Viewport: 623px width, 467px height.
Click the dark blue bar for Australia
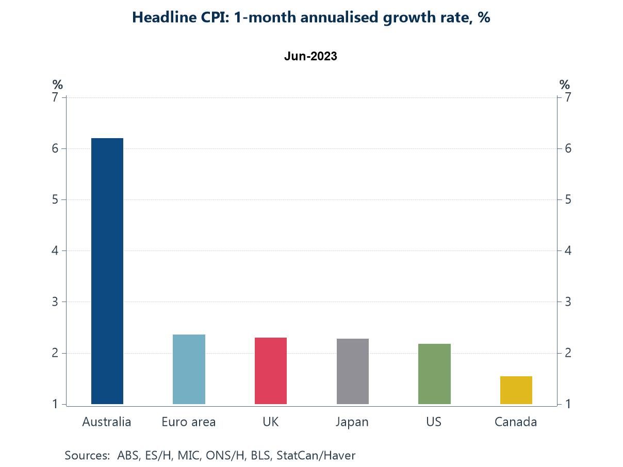point(107,271)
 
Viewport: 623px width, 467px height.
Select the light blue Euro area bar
point(189,369)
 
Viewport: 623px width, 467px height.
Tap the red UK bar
point(271,371)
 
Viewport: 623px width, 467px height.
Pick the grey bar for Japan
point(352,371)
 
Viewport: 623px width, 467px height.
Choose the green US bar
point(434,374)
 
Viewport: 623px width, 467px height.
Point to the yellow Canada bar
point(516,390)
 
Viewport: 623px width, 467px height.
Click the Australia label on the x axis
point(107,422)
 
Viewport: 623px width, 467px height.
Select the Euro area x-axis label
point(189,422)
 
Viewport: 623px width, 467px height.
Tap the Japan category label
point(352,422)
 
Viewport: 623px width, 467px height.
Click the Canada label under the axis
point(516,422)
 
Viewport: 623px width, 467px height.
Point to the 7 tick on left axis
point(55,97)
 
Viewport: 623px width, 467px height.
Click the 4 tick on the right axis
point(568,251)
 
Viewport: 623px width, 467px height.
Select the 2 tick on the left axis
point(55,353)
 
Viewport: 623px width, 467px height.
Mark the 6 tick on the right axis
point(568,148)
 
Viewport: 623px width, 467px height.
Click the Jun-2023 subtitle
point(310,56)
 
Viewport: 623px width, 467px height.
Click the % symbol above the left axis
point(57,85)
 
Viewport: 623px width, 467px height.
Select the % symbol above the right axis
point(565,85)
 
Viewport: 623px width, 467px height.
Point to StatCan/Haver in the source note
point(316,455)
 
